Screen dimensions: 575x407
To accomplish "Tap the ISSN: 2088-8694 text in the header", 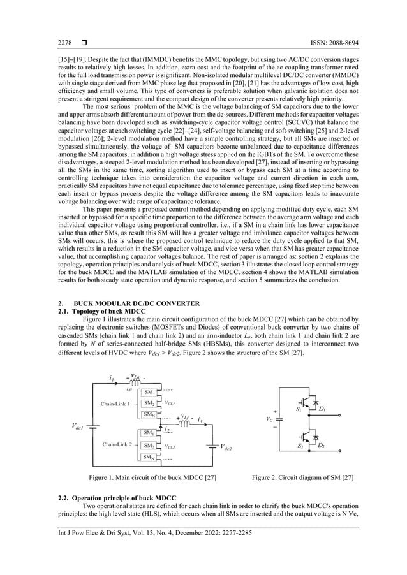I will (331, 43).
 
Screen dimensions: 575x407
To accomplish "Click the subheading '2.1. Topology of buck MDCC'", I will (103, 311).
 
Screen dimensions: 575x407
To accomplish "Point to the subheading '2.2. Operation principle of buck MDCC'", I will (117, 497).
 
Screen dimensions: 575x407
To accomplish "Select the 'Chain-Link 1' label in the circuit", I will (115, 404).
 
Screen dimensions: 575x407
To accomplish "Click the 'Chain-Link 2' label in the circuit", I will (115, 444).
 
